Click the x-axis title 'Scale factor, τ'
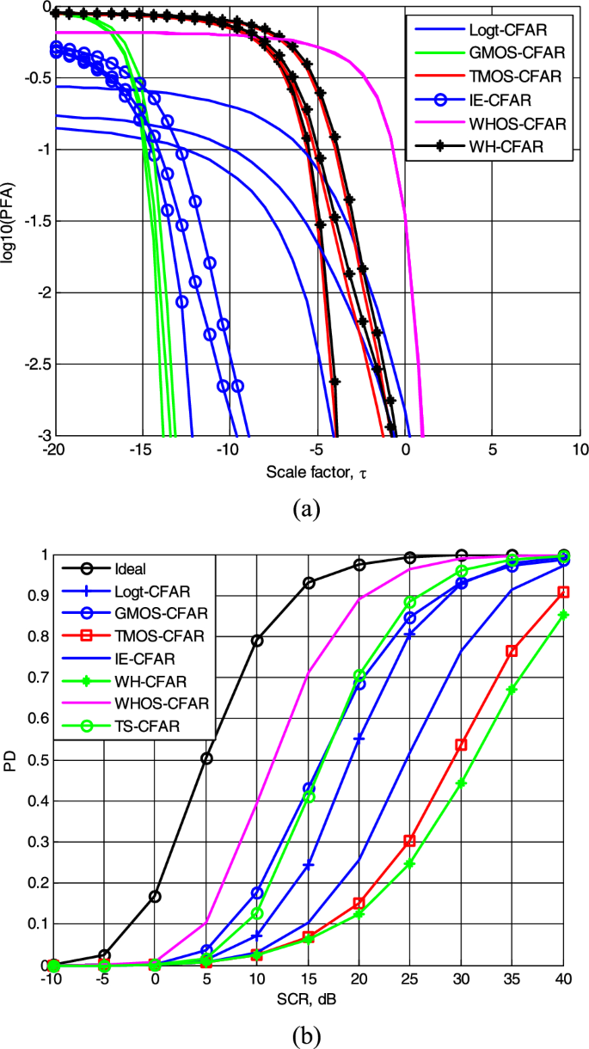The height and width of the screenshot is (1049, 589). click(x=316, y=472)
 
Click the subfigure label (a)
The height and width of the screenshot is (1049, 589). click(x=307, y=509)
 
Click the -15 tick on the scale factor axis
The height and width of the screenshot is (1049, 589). click(x=140, y=451)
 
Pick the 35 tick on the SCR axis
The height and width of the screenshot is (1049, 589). click(x=512, y=981)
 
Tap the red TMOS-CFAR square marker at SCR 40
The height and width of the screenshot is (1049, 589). click(x=563, y=592)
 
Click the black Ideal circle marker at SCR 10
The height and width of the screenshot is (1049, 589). click(x=257, y=641)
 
